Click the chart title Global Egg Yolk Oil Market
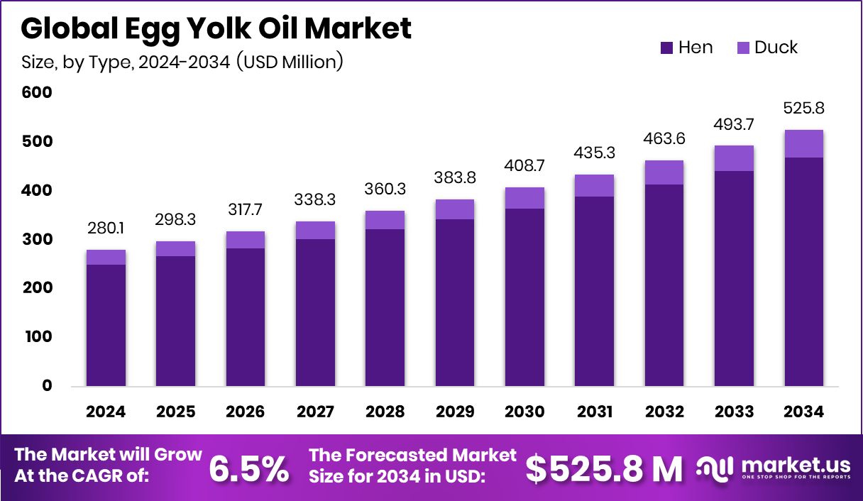(x=216, y=28)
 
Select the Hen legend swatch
(x=666, y=48)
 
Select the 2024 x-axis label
(x=106, y=412)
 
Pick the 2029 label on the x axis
(x=455, y=412)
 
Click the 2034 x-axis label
(x=803, y=412)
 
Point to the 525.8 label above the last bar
(x=803, y=109)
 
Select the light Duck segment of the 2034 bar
(x=803, y=144)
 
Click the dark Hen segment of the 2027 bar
(x=315, y=312)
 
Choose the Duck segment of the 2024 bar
(x=106, y=257)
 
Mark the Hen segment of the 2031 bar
(x=594, y=291)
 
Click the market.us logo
(x=774, y=468)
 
